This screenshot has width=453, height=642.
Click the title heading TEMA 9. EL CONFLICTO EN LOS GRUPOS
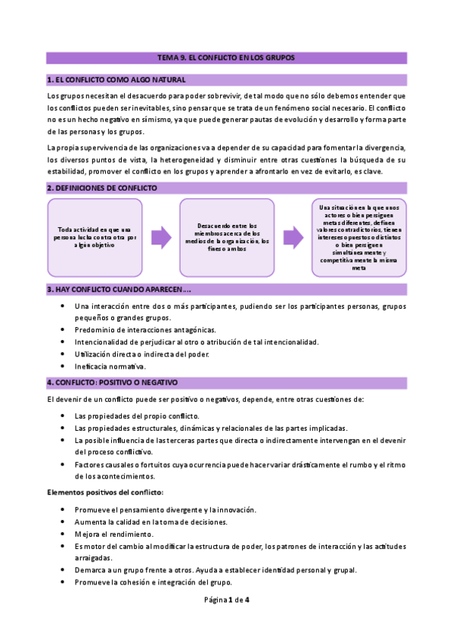point(225,58)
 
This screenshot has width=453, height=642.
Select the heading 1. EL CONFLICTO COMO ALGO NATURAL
point(116,79)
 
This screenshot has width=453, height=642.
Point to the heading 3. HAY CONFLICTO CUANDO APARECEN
point(119,289)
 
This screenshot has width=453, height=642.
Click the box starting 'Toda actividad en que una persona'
point(95,237)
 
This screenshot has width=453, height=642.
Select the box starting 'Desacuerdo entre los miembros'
point(227,237)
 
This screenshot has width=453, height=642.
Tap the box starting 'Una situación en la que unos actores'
point(359,237)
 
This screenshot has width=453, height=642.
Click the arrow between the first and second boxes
point(161,237)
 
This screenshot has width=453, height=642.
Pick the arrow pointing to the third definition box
point(293,237)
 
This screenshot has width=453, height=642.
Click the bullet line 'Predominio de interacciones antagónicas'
point(144,329)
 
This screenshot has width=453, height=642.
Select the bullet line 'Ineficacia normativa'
point(110,366)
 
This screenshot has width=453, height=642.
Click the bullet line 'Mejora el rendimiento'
point(114,534)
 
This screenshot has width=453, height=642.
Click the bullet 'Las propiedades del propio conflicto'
point(137,416)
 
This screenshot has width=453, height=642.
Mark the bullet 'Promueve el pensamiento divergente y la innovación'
point(166,510)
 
